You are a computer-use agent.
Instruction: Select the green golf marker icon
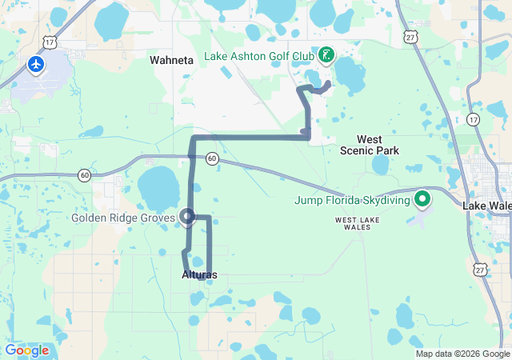326,55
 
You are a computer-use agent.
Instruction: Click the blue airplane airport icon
36,63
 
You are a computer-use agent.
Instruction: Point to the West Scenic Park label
369,145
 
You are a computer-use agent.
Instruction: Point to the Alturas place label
199,274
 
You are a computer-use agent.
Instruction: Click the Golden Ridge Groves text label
122,218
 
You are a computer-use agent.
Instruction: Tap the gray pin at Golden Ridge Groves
188,217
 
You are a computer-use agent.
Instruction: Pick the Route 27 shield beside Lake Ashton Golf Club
410,37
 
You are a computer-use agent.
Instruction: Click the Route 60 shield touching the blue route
211,158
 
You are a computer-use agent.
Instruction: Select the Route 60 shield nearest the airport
84,174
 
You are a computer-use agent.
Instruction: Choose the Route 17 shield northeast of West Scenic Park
474,119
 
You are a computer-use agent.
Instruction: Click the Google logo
27,350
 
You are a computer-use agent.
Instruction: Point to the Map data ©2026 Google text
462,354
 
